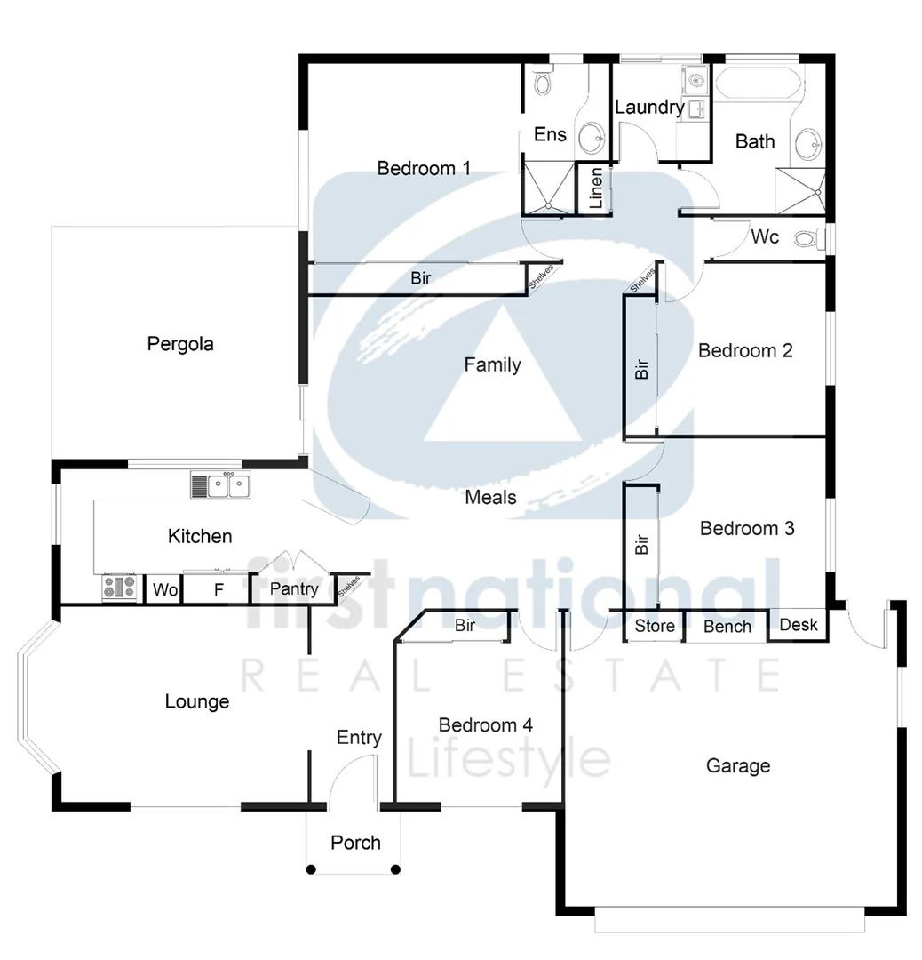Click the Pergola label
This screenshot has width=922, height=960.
pos(180,343)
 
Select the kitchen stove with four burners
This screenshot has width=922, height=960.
pos(120,588)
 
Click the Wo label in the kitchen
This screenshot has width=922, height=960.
pos(163,589)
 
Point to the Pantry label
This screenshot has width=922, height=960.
pos(294,589)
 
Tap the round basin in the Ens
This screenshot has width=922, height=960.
pos(591,138)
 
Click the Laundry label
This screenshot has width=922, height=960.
pos(649,108)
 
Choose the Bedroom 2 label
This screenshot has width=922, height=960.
pos(744,350)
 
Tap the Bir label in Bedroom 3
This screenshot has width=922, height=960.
pos(642,544)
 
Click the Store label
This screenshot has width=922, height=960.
pos(655,626)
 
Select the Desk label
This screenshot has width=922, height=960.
pos(798,624)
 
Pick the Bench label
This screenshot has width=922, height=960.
pos(727,627)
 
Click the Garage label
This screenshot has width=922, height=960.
pos(737,765)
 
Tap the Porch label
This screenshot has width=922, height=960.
pos(355,842)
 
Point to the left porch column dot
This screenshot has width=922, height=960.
pos(311,869)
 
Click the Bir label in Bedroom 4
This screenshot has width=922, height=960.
pos(465,626)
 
